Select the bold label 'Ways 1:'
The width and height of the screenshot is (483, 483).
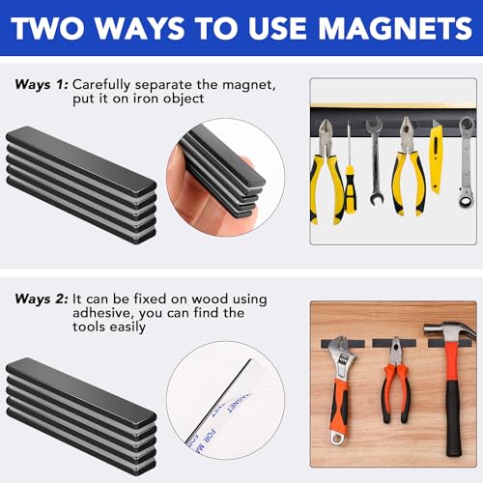[x=40, y=84]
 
